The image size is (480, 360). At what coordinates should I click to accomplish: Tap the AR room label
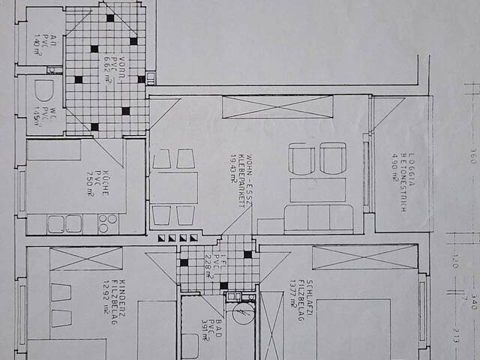tap(37, 34)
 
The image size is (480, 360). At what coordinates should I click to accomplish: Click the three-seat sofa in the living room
tap(318, 218)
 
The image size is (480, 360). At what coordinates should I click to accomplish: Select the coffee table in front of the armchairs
tap(317, 189)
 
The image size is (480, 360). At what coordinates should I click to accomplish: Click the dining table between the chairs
tap(175, 187)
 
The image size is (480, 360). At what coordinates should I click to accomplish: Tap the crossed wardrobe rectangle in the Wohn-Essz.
tap(277, 106)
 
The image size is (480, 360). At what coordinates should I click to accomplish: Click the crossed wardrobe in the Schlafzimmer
tap(364, 256)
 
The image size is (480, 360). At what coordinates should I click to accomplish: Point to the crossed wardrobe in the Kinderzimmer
tap(85, 258)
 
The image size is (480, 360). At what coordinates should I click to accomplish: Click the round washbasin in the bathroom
tap(242, 313)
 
